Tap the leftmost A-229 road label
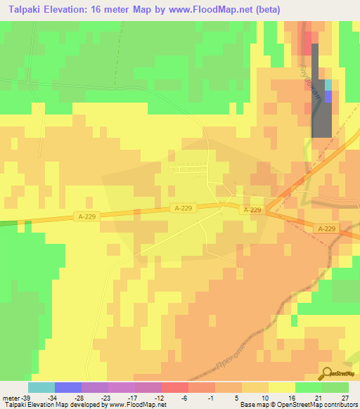tap(84, 217)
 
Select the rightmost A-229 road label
tap(326, 228)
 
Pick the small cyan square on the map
tap(328, 85)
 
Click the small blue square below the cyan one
tap(328, 96)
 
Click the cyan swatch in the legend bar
tap(41, 387)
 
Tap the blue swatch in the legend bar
tap(68, 387)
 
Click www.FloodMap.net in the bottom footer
tap(137, 405)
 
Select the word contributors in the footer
tap(340, 405)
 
